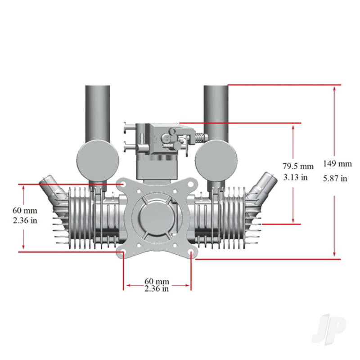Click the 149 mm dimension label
point(337,163)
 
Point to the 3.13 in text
point(296,177)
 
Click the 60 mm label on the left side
point(25,210)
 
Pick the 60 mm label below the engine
point(157,281)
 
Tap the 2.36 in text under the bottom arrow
point(157,289)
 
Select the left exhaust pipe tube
point(97,110)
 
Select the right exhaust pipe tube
point(217,110)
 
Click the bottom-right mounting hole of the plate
point(191,253)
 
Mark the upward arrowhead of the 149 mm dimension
point(334,90)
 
